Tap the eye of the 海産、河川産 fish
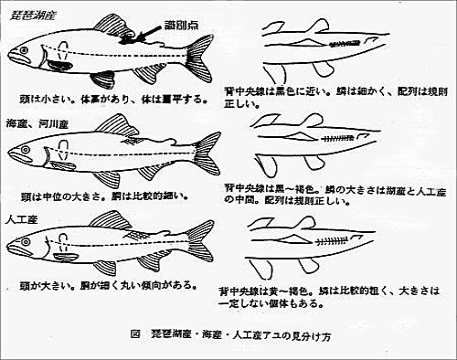click(x=31, y=144)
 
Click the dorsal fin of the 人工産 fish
click(x=108, y=219)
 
